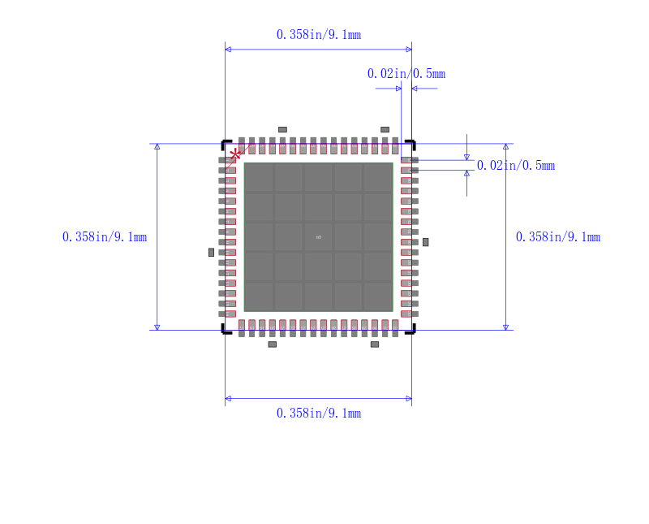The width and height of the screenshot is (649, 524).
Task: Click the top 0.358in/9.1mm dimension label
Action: pyautogui.click(x=318, y=34)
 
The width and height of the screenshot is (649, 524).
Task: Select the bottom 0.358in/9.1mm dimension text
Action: pyautogui.click(x=318, y=413)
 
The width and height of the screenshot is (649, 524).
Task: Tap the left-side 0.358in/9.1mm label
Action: pyautogui.click(x=104, y=237)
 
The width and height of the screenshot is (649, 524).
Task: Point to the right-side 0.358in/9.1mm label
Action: pyautogui.click(x=558, y=237)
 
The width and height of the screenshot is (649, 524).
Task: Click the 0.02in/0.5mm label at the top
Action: pyautogui.click(x=406, y=74)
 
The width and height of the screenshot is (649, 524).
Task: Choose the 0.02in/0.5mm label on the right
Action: pyautogui.click(x=516, y=166)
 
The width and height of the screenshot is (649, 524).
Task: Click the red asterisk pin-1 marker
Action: pyautogui.click(x=235, y=154)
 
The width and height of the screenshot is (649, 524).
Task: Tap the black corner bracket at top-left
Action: pyautogui.click(x=225, y=143)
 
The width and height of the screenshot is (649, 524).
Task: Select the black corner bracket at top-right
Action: pyautogui.click(x=411, y=143)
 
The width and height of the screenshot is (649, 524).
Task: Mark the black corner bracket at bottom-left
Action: pyautogui.click(x=225, y=329)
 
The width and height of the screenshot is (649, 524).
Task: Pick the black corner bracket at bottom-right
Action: pyautogui.click(x=411, y=329)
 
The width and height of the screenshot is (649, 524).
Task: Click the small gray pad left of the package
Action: pyautogui.click(x=212, y=253)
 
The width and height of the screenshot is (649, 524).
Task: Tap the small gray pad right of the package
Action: pyautogui.click(x=425, y=242)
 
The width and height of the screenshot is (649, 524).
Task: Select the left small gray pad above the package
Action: pyautogui.click(x=282, y=129)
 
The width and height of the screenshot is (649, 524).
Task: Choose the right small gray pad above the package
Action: pyautogui.click(x=385, y=129)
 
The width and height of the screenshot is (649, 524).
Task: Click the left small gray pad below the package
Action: pyautogui.click(x=273, y=344)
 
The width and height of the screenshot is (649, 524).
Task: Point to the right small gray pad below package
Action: pyautogui.click(x=375, y=344)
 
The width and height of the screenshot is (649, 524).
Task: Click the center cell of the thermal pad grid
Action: pyautogui.click(x=318, y=236)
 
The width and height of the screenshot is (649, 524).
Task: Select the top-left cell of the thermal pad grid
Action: pyautogui.click(x=259, y=177)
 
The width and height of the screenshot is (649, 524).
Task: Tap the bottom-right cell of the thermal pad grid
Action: pyautogui.click(x=377, y=296)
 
